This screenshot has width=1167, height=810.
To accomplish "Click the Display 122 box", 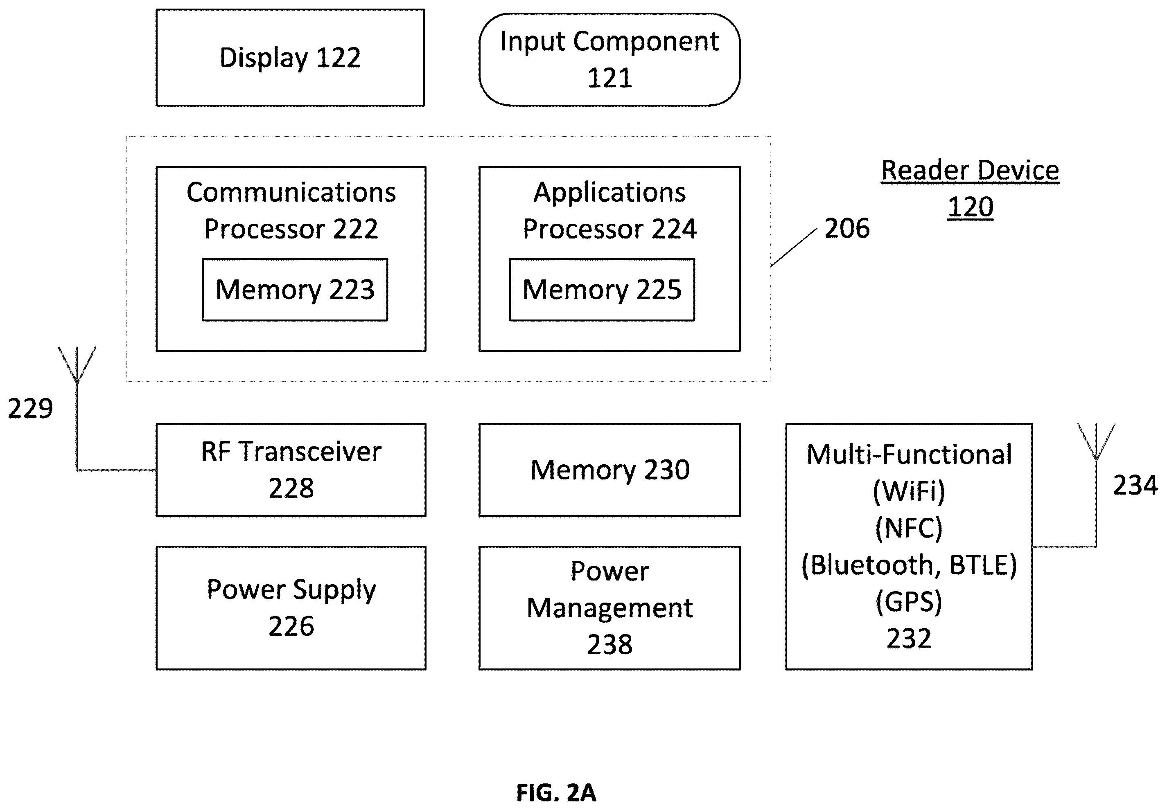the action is point(290,57).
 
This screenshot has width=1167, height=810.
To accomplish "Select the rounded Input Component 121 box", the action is point(609,59).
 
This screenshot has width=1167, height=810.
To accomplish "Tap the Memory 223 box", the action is point(295,289).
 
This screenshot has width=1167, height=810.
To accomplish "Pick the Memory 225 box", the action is point(602,289).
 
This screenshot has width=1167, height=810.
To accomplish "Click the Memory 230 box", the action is point(609,470).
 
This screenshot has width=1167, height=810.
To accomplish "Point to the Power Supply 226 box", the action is point(291,608).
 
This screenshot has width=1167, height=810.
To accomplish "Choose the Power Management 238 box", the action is point(609,608).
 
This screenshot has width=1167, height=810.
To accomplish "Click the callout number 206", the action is point(846,228).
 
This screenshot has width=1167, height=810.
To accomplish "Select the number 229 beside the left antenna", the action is point(30,409).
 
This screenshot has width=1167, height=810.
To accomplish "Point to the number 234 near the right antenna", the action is point(1135,485).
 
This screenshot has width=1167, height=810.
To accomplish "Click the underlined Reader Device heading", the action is point(970,171).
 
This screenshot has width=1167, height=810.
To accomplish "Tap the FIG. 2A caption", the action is point(556,792).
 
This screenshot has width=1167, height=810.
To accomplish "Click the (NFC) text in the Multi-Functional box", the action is point(909,528).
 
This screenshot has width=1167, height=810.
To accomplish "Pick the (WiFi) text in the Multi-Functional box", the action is point(909,491).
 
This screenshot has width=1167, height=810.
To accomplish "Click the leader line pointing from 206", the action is point(794,247).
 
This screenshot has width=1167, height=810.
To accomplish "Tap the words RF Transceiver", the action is point(291,452).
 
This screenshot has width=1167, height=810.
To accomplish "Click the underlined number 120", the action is point(971,207).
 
